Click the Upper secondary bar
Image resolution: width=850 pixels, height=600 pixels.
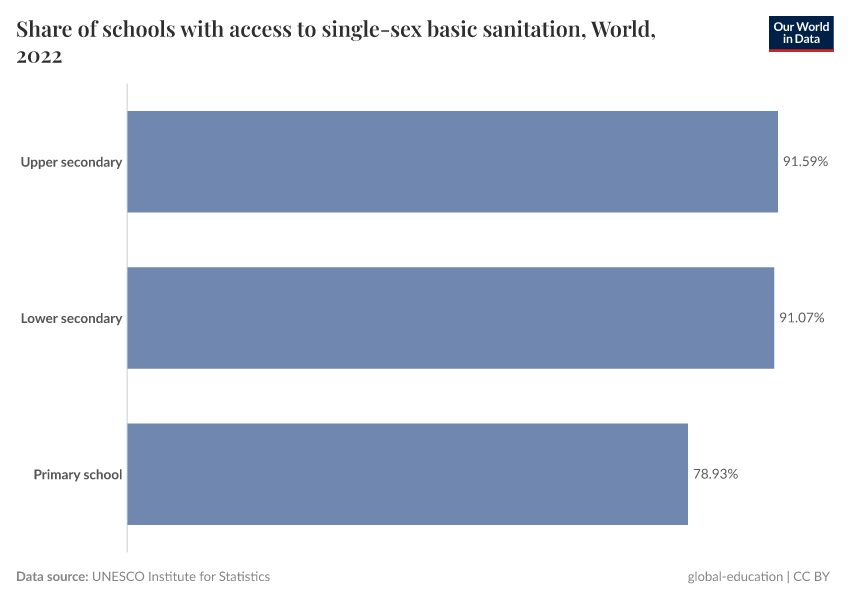tap(452, 162)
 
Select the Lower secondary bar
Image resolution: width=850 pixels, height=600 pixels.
tap(450, 318)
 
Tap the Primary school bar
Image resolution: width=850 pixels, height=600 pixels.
tap(407, 474)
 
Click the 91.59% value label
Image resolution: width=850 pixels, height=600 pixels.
tap(805, 162)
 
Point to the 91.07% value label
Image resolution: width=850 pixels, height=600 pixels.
tap(801, 318)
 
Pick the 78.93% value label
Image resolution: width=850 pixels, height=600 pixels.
tap(715, 474)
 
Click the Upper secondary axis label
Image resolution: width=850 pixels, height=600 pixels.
tap(71, 162)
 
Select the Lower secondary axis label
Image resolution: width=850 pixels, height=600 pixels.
tap(71, 318)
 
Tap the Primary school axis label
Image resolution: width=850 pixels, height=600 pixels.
tap(77, 474)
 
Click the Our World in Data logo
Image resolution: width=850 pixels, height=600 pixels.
tap(800, 34)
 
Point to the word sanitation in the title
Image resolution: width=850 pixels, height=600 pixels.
tap(534, 30)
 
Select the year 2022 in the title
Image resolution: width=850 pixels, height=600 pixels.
tap(40, 57)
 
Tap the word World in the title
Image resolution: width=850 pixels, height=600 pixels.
tap(622, 30)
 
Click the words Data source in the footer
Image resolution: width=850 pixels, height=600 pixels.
tap(52, 576)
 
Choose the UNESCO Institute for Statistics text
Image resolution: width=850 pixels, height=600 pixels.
tap(181, 576)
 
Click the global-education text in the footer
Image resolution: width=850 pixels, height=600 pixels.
tap(736, 576)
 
